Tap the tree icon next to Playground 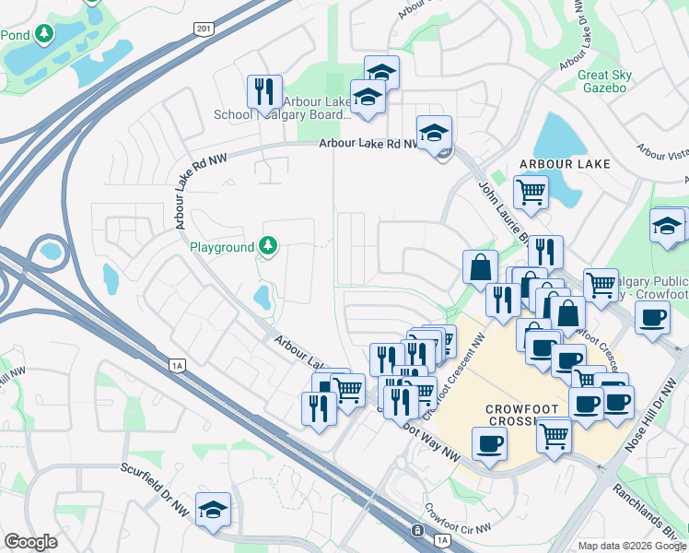click(x=267, y=246)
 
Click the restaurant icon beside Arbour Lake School click(x=264, y=91)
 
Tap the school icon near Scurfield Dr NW click(x=214, y=510)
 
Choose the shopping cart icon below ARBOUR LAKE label click(x=531, y=192)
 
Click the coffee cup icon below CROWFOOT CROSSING click(x=488, y=444)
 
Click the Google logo click(x=30, y=542)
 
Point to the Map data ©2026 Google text click(x=632, y=545)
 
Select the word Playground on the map click(x=221, y=248)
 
